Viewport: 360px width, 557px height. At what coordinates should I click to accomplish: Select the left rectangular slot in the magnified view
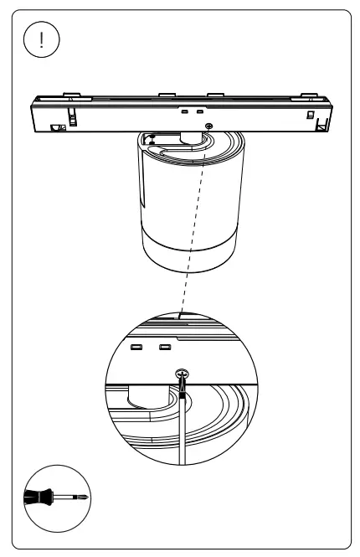point(136,348)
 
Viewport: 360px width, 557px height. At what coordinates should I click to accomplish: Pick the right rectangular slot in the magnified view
point(165,348)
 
